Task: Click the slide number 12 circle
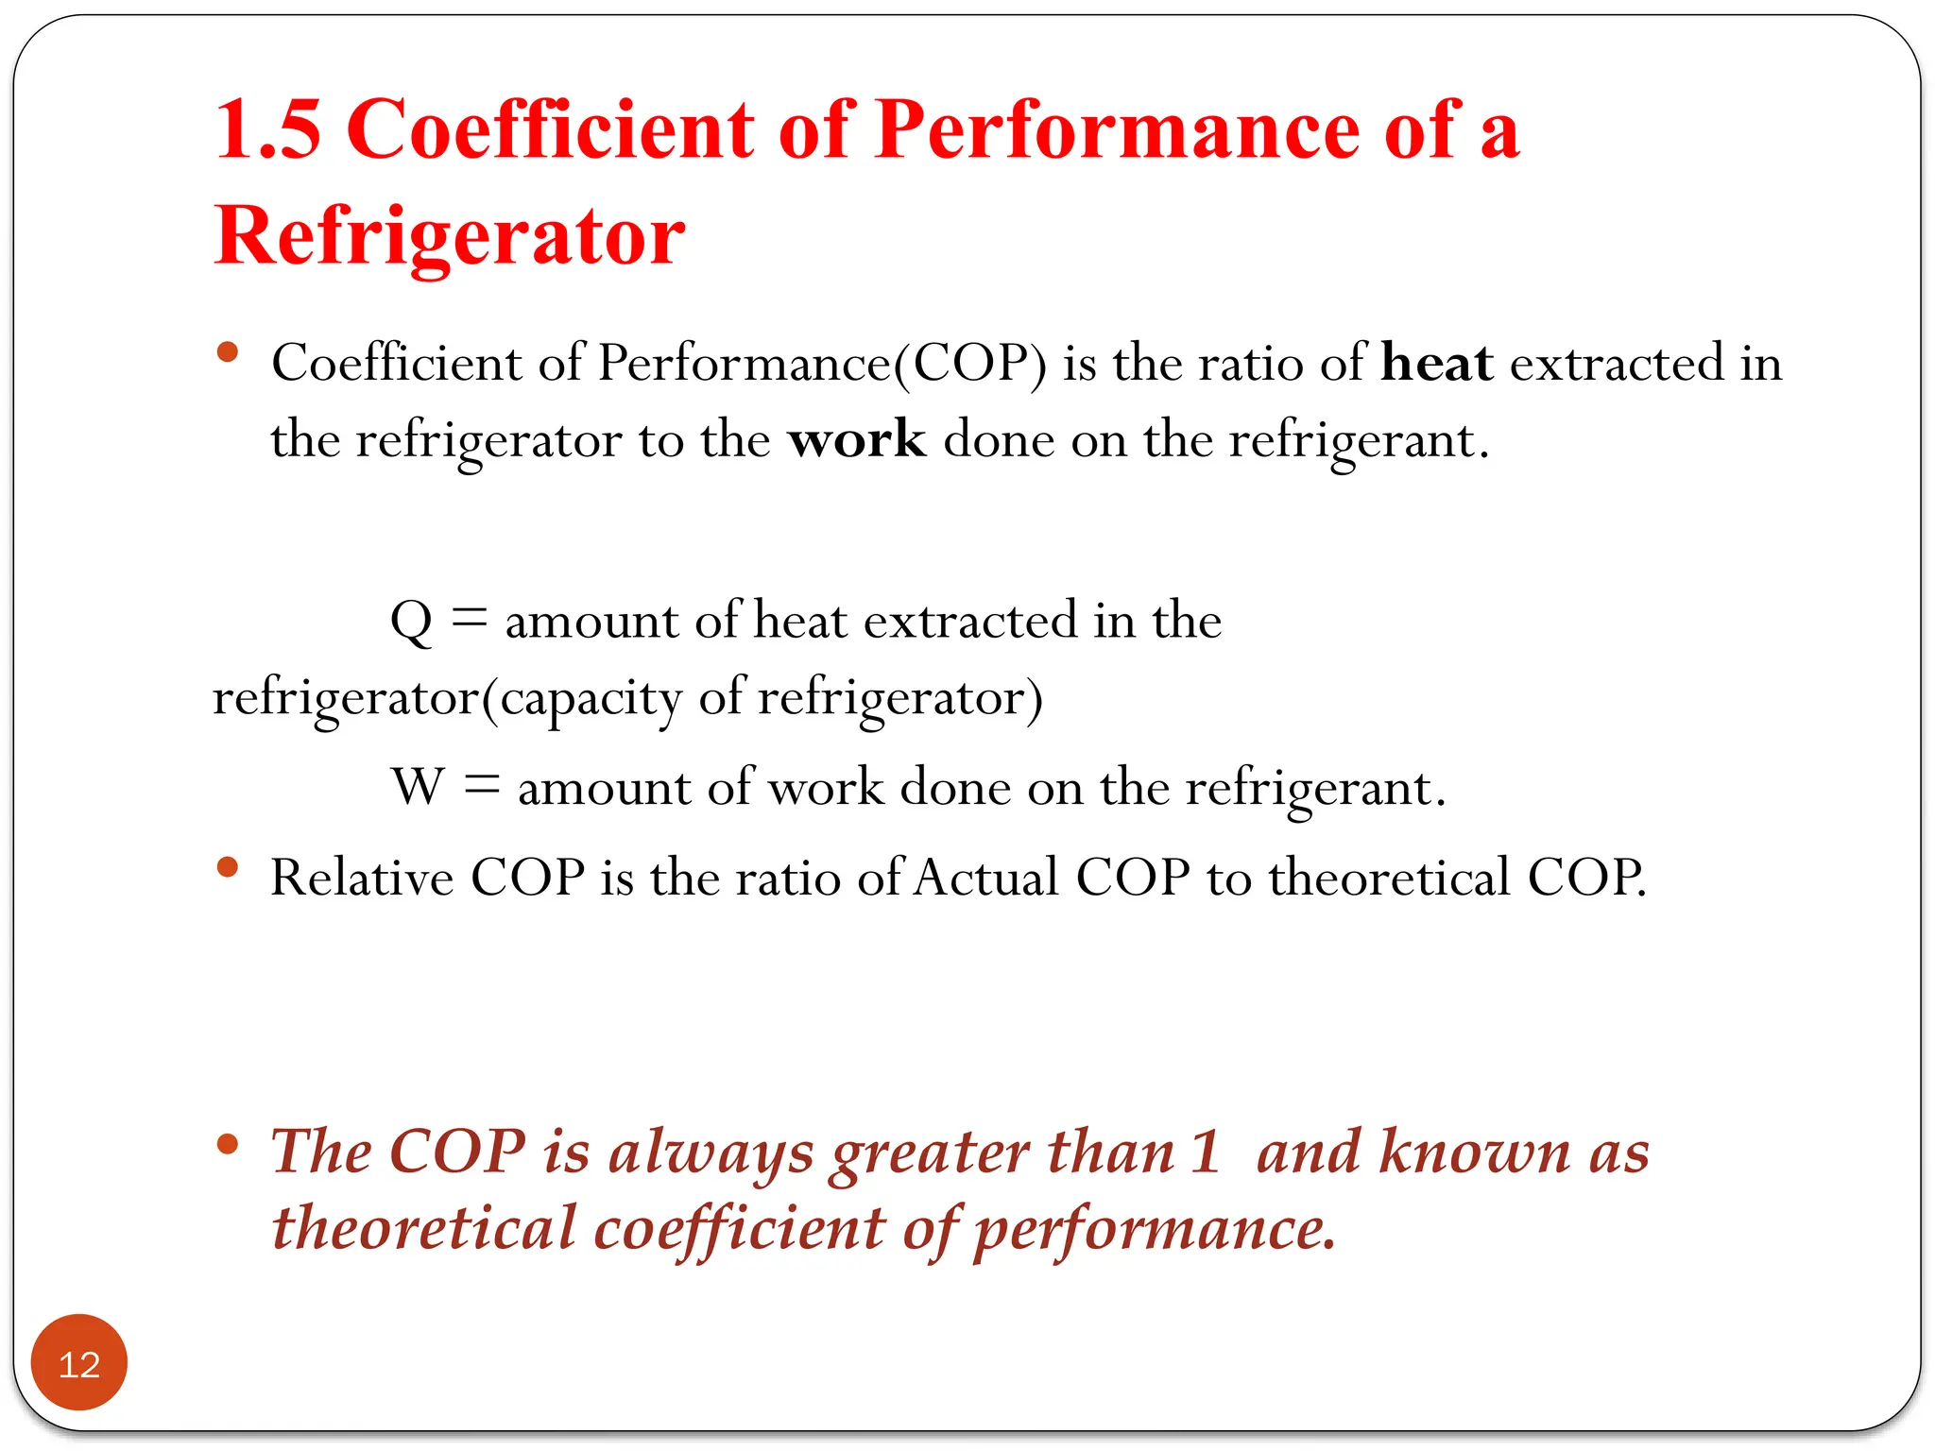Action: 78,1362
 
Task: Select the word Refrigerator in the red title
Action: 450,236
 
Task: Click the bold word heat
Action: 1436,363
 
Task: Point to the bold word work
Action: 857,439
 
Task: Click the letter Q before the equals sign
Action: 411,622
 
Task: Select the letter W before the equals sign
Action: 418,787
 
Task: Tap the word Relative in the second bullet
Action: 362,878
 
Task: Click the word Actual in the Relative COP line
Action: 986,878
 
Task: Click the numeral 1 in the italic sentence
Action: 1205,1152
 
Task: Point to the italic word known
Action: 1474,1152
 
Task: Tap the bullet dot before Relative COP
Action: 227,866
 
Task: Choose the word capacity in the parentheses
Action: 590,700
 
